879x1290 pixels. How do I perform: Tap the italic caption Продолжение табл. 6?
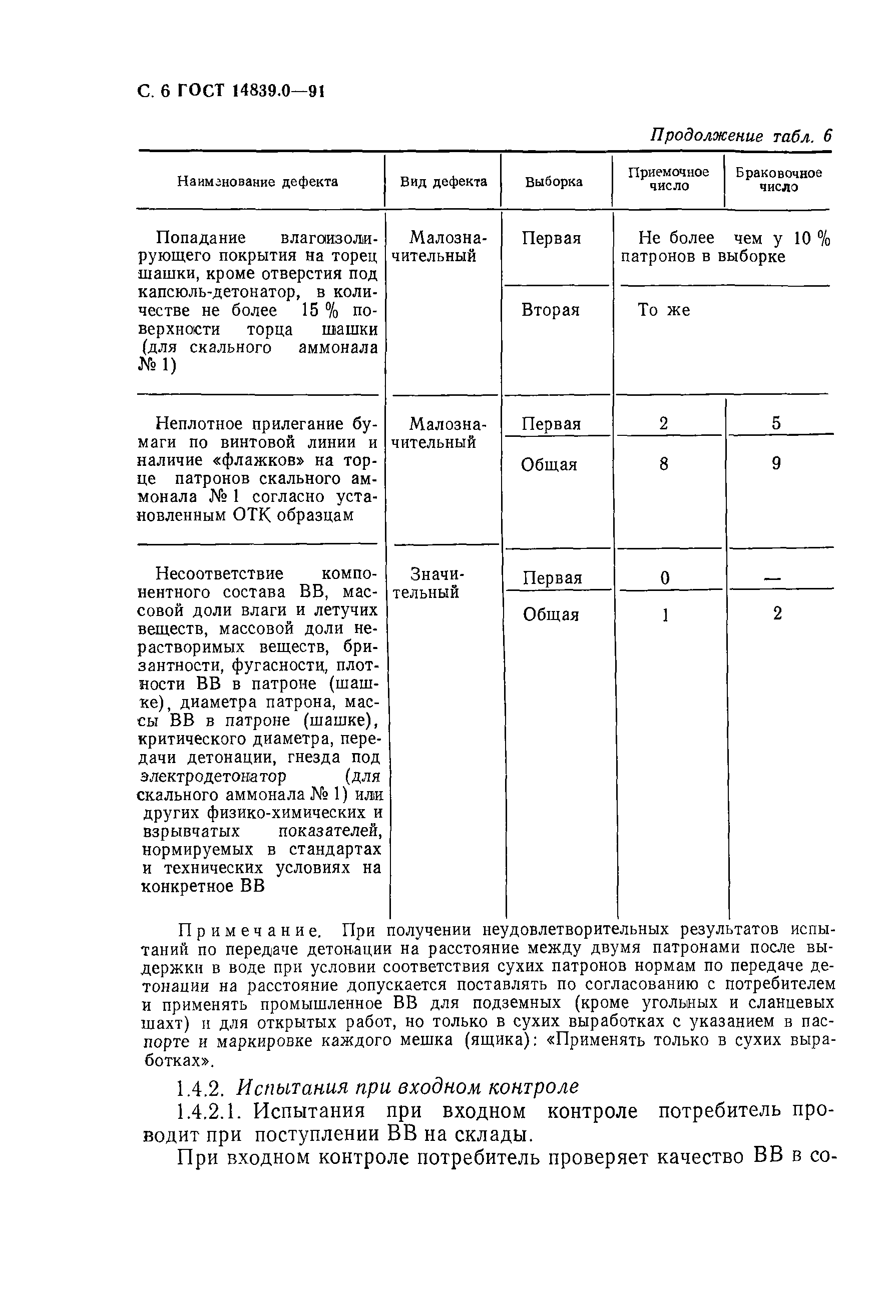coord(741,136)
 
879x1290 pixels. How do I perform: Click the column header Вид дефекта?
coord(443,182)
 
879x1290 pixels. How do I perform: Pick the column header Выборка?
coord(554,182)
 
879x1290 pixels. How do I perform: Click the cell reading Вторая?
coord(550,310)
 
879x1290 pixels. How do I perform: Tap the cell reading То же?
coord(664,310)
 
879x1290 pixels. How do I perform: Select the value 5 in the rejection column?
coord(776,423)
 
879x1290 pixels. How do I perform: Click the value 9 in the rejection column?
coord(776,463)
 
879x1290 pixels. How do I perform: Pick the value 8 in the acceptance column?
coord(664,463)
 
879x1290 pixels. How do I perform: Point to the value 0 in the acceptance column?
coord(665,578)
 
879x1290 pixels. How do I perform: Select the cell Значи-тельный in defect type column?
coord(426,583)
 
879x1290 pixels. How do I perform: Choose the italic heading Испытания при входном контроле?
coord(407,1086)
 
